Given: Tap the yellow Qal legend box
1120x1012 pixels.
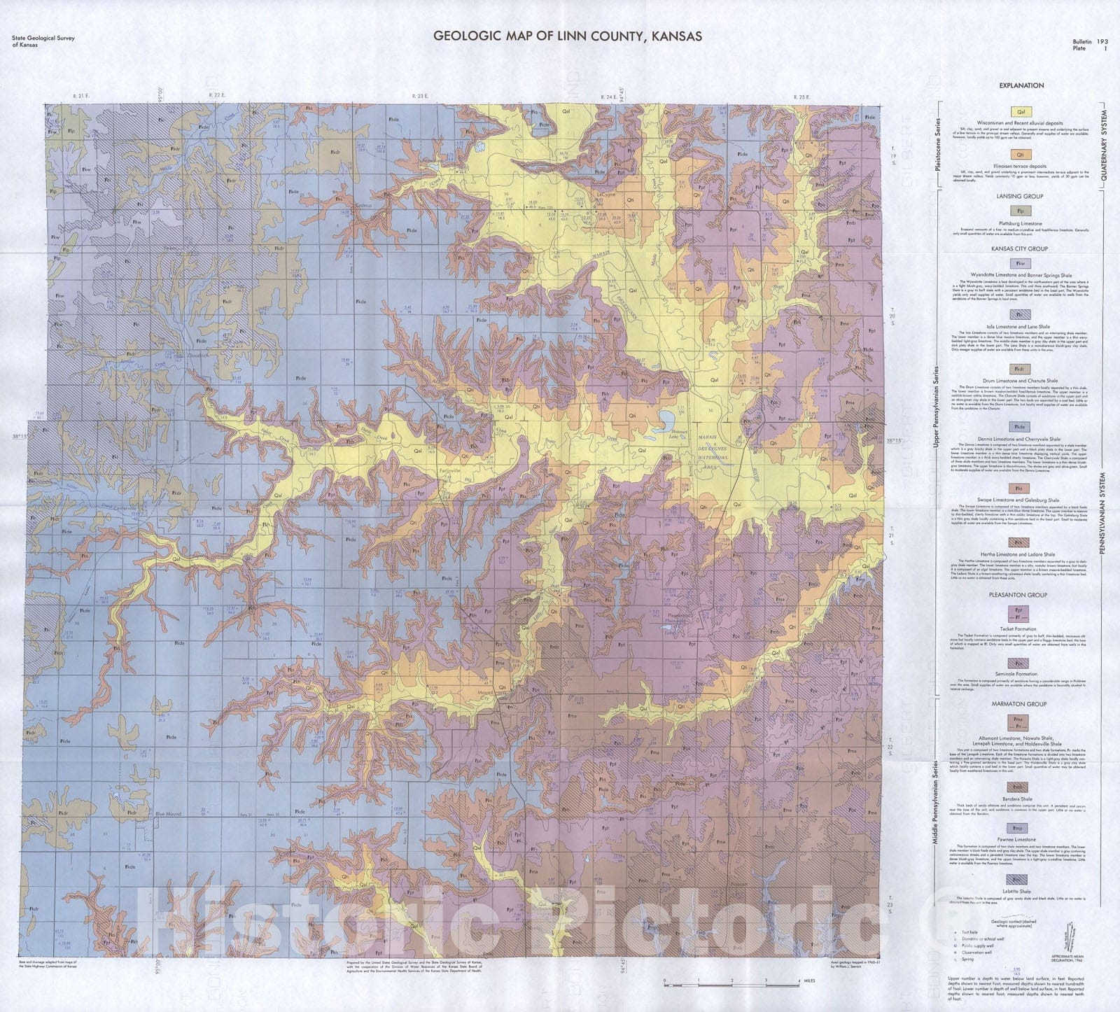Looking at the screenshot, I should (x=1021, y=111).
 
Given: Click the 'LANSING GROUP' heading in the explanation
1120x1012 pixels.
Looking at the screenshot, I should (x=1021, y=197).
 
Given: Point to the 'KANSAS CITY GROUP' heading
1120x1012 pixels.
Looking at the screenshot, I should (x=1021, y=248).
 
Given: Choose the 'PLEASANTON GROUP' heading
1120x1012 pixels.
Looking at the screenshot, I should (x=1021, y=594).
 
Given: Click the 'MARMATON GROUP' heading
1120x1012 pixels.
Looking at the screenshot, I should (x=1021, y=703).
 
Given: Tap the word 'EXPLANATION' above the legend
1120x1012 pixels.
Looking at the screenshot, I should (x=1021, y=85).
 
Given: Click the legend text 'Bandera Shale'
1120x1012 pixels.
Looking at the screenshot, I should (x=1021, y=799).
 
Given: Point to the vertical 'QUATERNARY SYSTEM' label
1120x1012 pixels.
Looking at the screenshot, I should (x=1105, y=147).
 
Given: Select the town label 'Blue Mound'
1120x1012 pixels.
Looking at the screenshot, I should (x=169, y=813).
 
